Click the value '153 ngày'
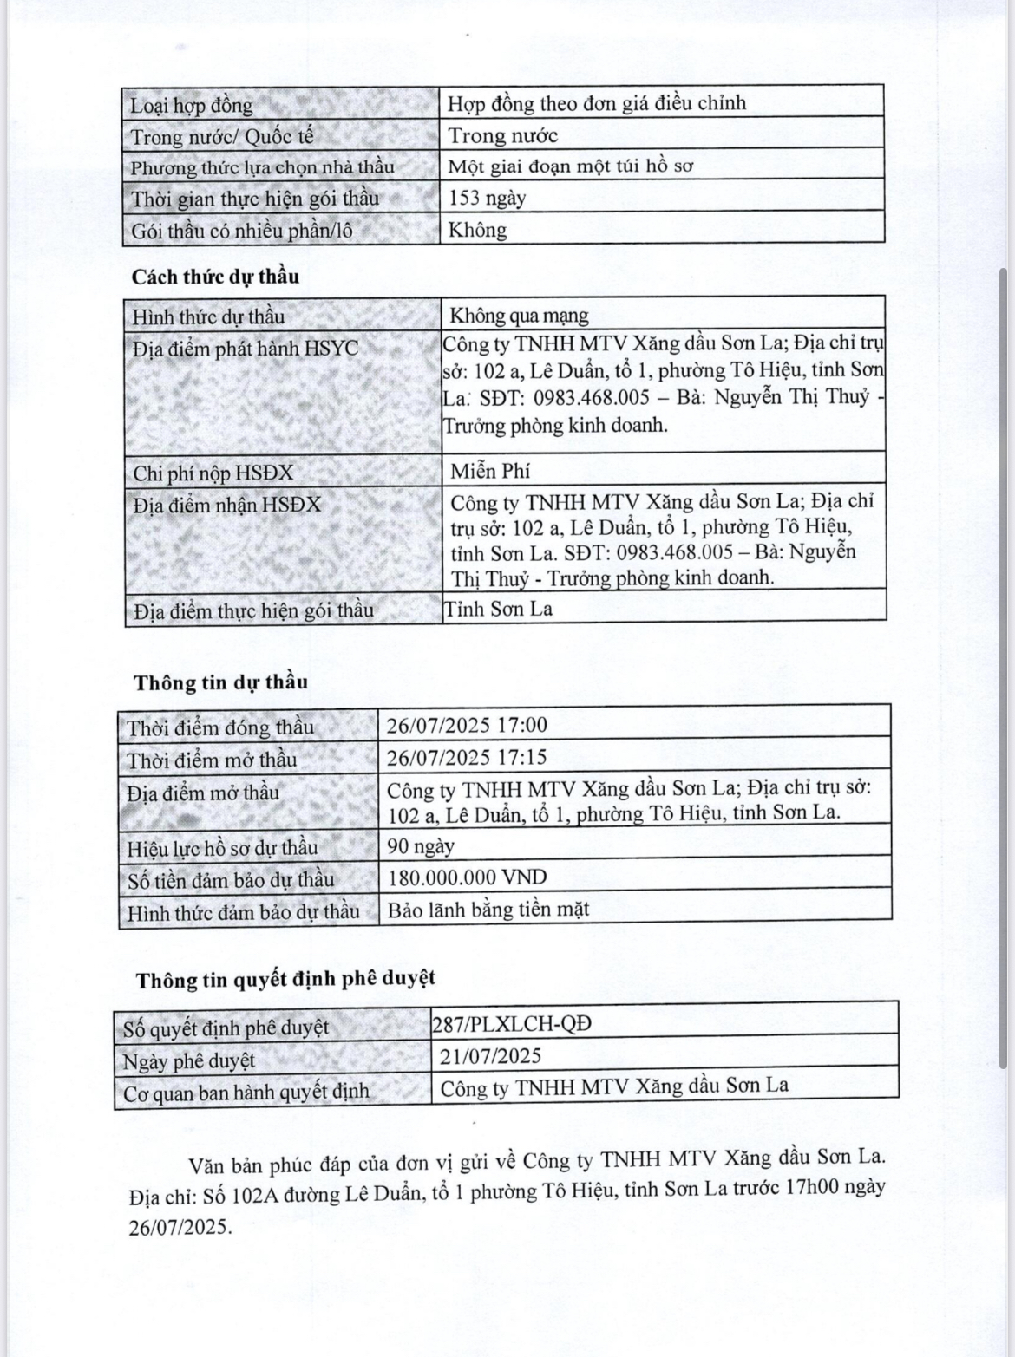tap(488, 198)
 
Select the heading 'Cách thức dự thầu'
tap(215, 277)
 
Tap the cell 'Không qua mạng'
tap(519, 315)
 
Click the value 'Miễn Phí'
tap(490, 471)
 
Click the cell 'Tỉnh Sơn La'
tap(498, 609)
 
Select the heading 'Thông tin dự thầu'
tap(220, 682)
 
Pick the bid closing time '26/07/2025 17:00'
tap(468, 725)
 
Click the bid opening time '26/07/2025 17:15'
tap(467, 757)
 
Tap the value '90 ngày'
tap(421, 845)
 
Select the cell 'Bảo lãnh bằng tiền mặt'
tap(488, 910)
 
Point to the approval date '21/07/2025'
tap(491, 1055)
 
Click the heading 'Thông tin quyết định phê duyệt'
tap(285, 979)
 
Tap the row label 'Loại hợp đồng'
tap(192, 106)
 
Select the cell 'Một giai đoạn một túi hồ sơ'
tap(570, 166)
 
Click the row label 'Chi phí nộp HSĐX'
tap(213, 473)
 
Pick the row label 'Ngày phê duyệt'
tap(188, 1060)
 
